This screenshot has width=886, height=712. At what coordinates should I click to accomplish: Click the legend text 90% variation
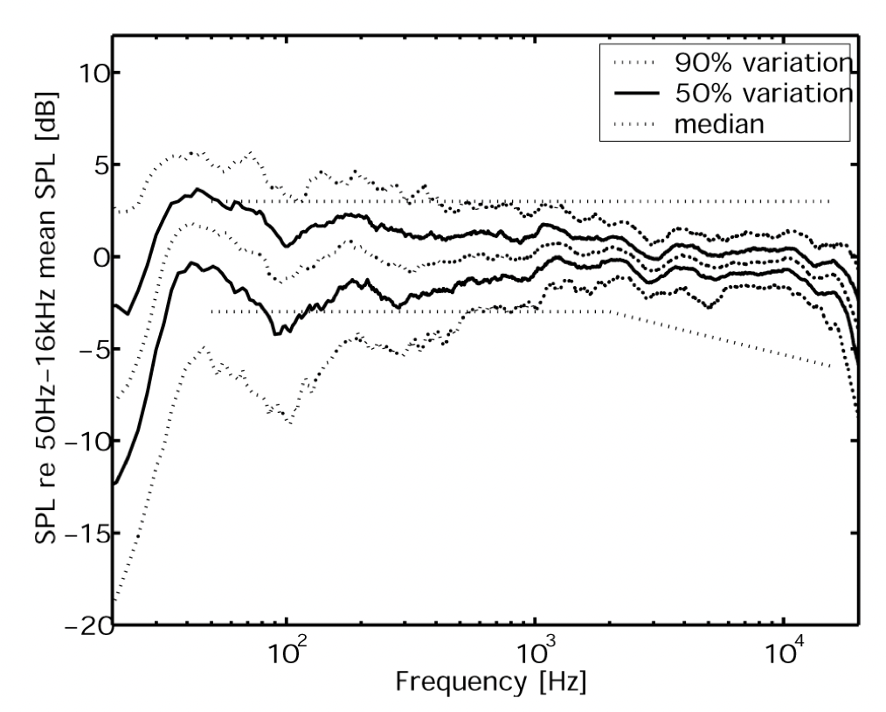coord(762,64)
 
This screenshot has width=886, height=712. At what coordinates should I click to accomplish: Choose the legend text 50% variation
coord(762,94)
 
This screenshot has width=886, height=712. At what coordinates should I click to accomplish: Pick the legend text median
coord(720,123)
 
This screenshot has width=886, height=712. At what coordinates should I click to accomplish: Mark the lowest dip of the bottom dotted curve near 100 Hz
coord(289,422)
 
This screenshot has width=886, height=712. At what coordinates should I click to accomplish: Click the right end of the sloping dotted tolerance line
coord(829,366)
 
